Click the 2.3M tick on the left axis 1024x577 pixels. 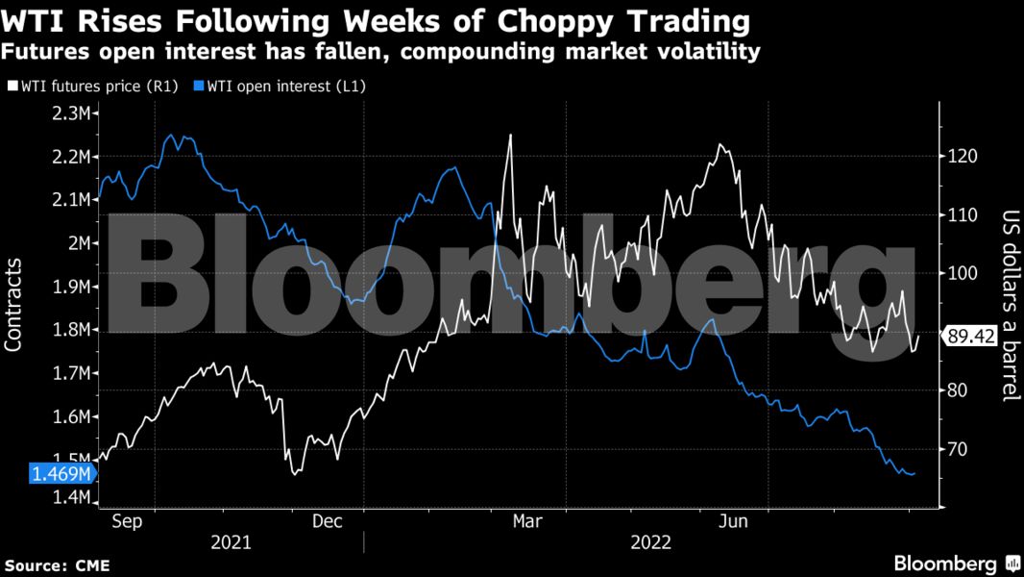coord(72,113)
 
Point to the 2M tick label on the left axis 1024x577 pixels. coord(80,243)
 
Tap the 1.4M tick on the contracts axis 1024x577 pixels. coord(72,498)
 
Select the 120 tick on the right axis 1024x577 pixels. coord(962,156)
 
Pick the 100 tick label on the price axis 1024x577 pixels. coord(962,273)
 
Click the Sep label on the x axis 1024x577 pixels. coord(127,521)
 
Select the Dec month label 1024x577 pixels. coord(328,521)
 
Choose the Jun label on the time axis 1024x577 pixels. coord(734,521)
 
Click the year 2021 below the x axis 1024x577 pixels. coord(231,542)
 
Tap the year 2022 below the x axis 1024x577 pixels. coord(650,542)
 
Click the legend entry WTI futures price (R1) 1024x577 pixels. coord(92,86)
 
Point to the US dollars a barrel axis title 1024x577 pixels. coord(1010,306)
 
